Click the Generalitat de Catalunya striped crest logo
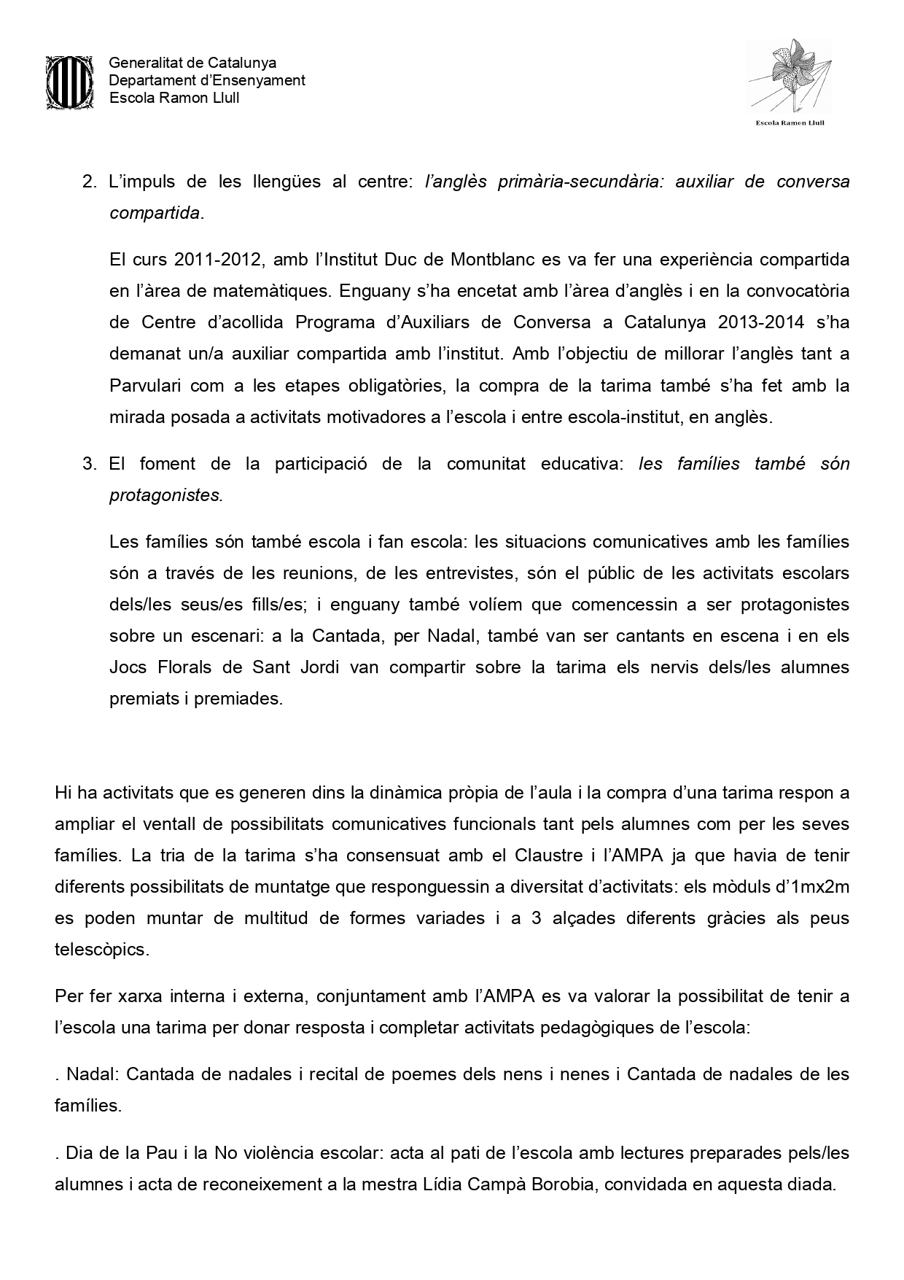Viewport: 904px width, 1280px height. point(69,82)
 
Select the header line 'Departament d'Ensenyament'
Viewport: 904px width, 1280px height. point(207,81)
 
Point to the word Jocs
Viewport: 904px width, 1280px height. point(128,667)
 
